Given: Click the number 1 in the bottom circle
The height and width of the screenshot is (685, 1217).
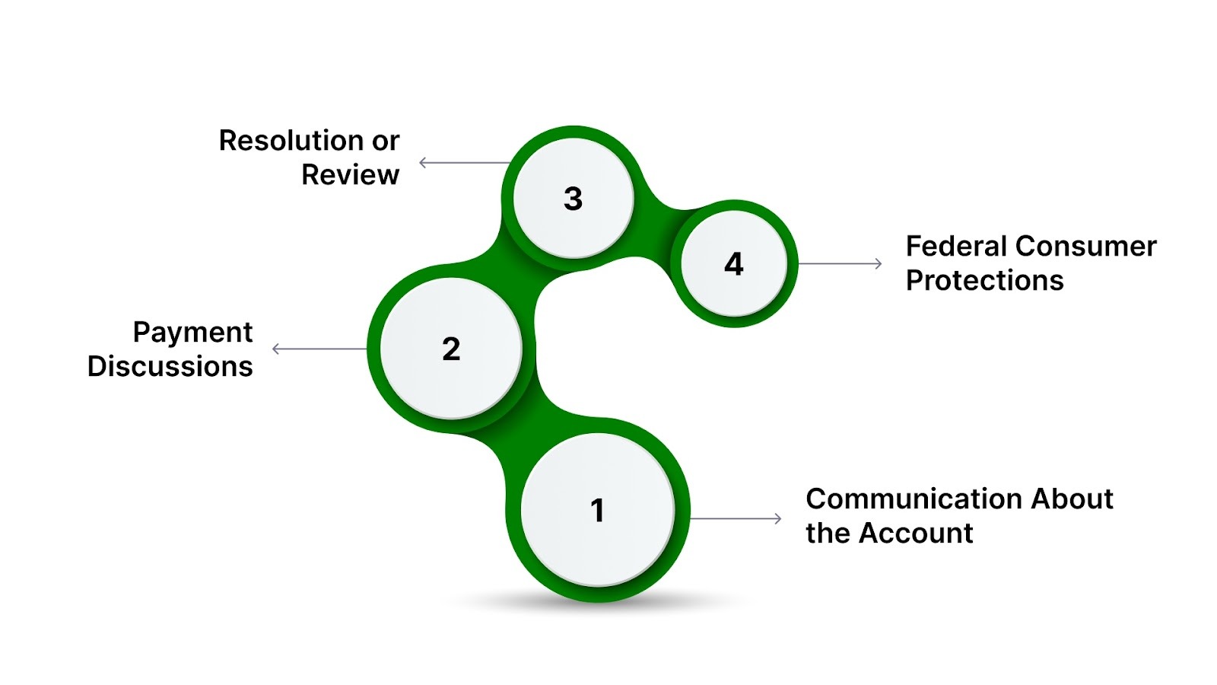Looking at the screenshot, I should coord(598,511).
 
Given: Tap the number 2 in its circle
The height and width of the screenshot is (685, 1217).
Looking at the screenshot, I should coord(451,349).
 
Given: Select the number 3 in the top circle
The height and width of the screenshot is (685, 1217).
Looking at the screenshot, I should coord(573,199).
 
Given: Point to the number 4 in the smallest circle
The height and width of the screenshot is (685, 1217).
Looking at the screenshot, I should coord(733,264).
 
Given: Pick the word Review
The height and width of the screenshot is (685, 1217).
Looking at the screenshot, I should coord(350,175).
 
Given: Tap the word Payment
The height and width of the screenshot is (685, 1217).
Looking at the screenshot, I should coord(192,333).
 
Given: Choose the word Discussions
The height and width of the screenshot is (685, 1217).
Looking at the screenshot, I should coord(170,367).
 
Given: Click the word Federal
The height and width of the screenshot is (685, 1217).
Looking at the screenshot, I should coord(955,247).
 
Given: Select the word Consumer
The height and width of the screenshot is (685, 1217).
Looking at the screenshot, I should coord(1085,247).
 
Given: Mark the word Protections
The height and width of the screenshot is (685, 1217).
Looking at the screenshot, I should coord(984,281).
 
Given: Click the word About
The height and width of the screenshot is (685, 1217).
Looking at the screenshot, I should coord(1071,499).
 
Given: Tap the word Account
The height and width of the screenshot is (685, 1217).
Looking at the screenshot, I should coord(916,534).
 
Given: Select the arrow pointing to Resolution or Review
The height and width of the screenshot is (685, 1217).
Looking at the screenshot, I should coord(464,162).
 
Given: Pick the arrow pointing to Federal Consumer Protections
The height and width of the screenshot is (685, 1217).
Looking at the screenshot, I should coord(840,264).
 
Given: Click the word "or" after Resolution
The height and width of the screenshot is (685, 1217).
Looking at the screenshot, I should coord(386,141).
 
